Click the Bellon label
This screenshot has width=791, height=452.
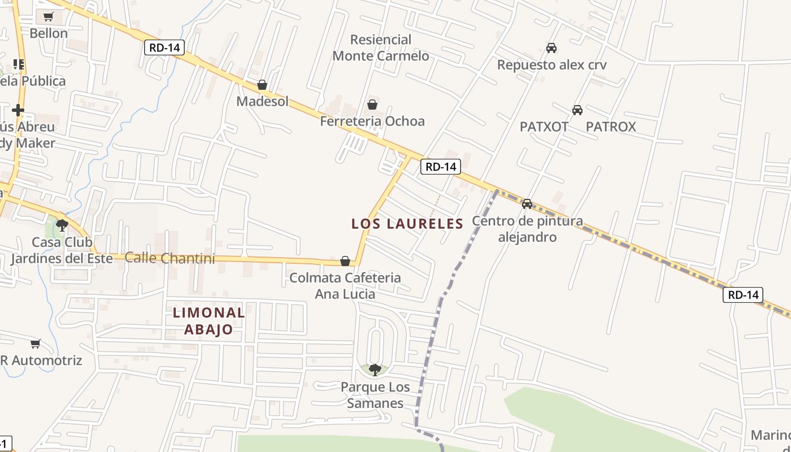[x=49, y=33]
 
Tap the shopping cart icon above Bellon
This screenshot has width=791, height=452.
[x=49, y=16]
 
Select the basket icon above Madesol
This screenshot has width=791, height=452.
[x=262, y=85]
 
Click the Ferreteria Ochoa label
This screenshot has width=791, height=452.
[x=372, y=121]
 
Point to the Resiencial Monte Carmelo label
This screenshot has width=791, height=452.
[x=381, y=48]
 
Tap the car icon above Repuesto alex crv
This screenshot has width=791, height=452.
[x=551, y=48]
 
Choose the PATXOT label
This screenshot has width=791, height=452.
[x=544, y=127]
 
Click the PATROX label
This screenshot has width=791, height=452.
[x=611, y=127]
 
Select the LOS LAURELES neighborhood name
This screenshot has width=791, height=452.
[x=407, y=224]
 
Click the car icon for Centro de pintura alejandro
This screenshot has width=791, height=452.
[x=527, y=203]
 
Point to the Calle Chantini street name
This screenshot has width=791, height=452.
[x=170, y=258]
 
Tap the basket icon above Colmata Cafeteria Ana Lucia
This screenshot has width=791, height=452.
[x=345, y=261]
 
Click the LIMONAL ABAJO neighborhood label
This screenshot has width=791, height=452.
[x=208, y=321]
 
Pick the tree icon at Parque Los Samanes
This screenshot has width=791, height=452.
[x=375, y=370]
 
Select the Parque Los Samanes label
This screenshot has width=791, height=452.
[x=375, y=395]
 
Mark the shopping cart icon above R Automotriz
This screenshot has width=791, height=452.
[x=36, y=344]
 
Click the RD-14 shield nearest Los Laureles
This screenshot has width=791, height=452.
[x=441, y=167]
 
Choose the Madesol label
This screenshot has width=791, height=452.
[x=262, y=102]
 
